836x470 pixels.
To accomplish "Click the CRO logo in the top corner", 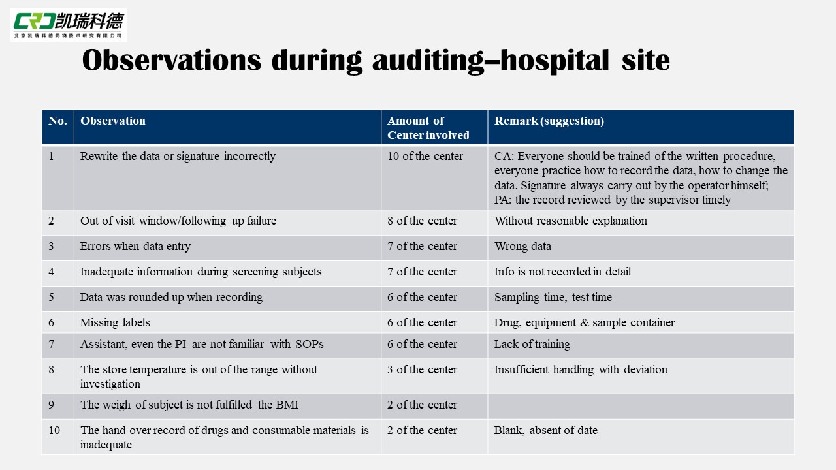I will coord(68,25).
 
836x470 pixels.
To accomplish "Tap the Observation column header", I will coord(113,121).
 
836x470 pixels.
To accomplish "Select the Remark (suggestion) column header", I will coord(549,121).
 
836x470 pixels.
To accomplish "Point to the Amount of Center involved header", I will coord(428,128).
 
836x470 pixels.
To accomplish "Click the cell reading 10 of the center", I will coord(425,156).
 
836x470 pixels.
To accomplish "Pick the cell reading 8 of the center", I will coord(422,221).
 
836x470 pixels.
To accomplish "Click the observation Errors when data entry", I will coord(135,246).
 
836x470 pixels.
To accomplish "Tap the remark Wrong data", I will coord(522,246).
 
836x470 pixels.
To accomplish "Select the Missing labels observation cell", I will coord(115,322).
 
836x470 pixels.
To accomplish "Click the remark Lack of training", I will coord(532,344).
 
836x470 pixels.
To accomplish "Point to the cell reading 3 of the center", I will coord(422,369).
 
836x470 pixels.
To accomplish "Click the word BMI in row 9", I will coord(287,405).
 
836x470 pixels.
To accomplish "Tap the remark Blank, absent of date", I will coord(545,430).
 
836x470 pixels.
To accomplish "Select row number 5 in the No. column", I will coord(52,297).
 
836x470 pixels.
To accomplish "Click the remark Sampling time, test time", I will coord(553,297).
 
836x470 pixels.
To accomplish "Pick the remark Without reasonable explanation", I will coord(570,221).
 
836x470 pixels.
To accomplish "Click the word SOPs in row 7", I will coord(309,344).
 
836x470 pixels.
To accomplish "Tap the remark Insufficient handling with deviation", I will coord(581,369).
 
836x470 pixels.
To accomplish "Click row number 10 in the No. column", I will coord(54,430).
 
